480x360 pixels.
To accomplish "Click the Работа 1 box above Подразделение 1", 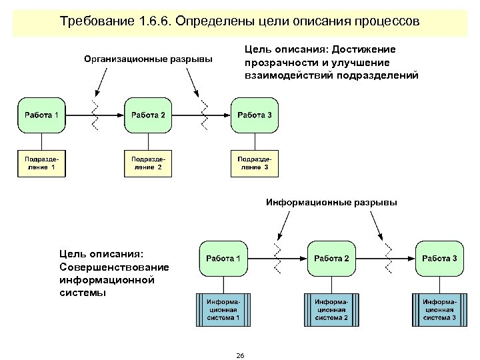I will [42, 115].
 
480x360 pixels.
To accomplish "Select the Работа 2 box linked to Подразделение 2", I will [148, 115].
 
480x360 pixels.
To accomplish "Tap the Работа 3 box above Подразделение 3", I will [255, 115].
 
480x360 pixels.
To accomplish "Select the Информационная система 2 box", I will [331, 310].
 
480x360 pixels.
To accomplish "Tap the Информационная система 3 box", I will [439, 310].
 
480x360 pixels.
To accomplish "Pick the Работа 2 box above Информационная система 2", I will [331, 259].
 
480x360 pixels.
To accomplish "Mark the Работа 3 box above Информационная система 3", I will [439, 259].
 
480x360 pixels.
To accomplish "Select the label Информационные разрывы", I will [331, 202].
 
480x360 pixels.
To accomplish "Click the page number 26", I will [240, 355].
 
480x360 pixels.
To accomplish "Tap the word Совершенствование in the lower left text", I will [114, 267].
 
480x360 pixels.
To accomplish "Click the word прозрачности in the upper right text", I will [279, 62].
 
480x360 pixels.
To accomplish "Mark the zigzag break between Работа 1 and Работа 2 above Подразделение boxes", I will [95, 115].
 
